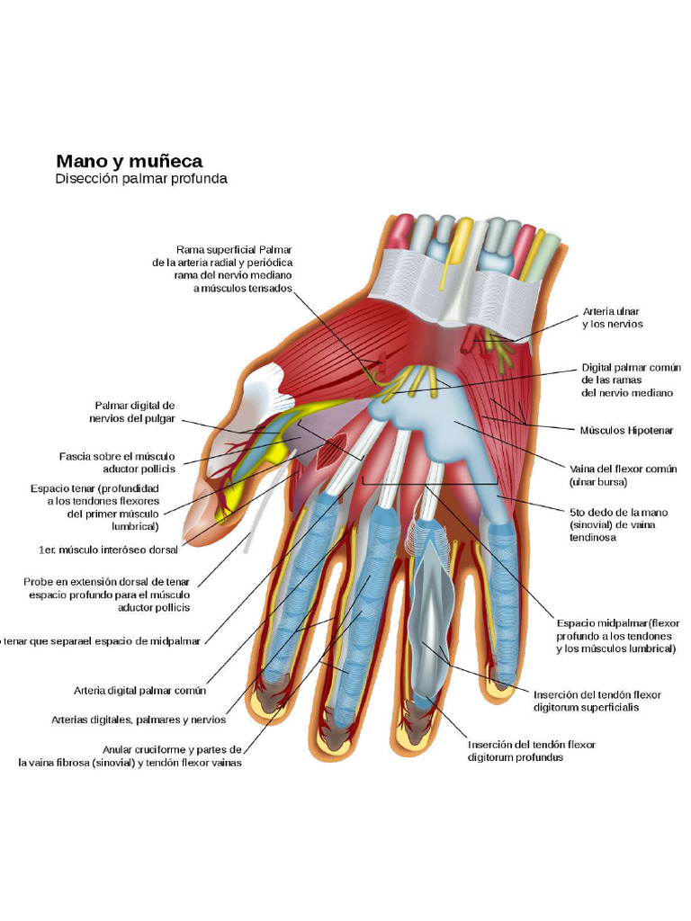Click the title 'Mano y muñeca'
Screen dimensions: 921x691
(129, 162)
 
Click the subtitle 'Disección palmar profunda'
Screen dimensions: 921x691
(140, 179)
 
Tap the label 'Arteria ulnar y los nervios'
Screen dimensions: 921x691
(613, 317)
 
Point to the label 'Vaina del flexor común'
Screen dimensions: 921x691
(623, 475)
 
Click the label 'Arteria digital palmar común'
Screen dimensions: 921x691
(139, 691)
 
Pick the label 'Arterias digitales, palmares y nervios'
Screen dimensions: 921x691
(138, 720)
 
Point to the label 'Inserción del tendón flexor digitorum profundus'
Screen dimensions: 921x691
(531, 751)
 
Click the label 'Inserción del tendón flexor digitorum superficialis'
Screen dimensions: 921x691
(597, 701)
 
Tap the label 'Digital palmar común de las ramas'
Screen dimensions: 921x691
(631, 380)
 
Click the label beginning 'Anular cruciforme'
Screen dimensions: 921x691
(131, 756)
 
